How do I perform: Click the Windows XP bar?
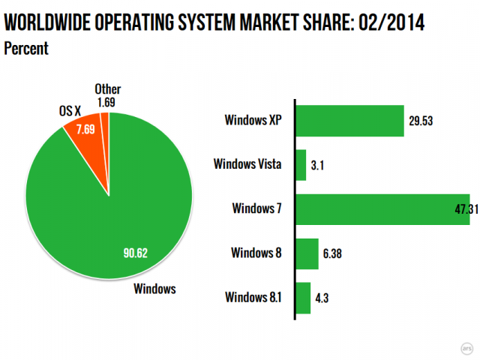pyautogui.click(x=349, y=120)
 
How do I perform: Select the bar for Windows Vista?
pyautogui.click(x=301, y=164)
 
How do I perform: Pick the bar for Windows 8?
pyautogui.click(x=307, y=253)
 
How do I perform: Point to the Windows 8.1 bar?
pyautogui.click(x=303, y=297)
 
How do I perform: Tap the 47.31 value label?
pyautogui.click(x=463, y=209)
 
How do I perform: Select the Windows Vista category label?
pyautogui.click(x=247, y=164)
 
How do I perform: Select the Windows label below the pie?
pyautogui.click(x=154, y=288)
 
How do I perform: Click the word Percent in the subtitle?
pyautogui.click(x=26, y=49)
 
